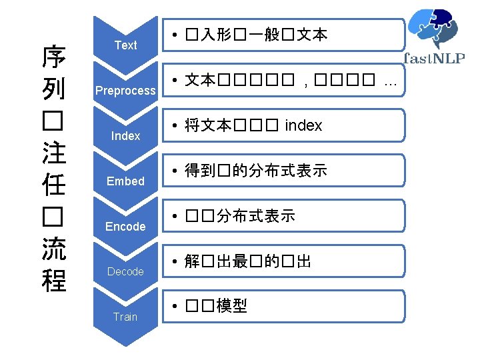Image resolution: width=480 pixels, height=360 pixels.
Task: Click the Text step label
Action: tap(125, 45)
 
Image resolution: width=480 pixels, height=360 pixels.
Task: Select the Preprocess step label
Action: tap(125, 91)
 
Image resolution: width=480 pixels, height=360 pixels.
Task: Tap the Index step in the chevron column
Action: tap(125, 136)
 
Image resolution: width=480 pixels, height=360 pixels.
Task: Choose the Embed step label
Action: tap(125, 181)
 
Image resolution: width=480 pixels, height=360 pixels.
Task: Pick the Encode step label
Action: tap(125, 227)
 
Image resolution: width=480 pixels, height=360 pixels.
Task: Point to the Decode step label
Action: tap(125, 271)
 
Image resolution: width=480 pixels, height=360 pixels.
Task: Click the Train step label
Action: tap(125, 317)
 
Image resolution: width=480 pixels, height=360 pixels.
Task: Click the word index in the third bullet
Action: tap(303, 125)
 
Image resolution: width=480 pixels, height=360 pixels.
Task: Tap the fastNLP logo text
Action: tap(434, 57)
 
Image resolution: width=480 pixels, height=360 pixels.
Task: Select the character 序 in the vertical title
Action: tap(54, 58)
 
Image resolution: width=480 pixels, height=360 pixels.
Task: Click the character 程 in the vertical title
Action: tap(54, 280)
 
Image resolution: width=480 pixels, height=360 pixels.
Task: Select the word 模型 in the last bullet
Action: tap(232, 306)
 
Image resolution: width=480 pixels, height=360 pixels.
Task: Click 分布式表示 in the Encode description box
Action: tap(256, 216)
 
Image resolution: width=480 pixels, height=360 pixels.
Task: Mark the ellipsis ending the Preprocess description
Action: tap(390, 81)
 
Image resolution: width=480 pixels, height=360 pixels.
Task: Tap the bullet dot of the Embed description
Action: tap(173, 171)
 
